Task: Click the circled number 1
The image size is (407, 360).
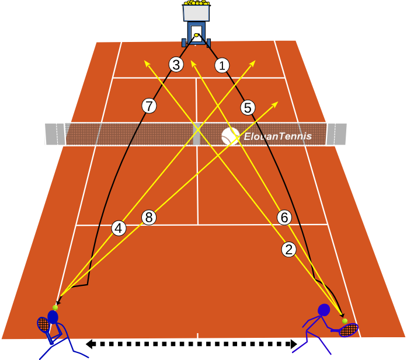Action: [222, 65]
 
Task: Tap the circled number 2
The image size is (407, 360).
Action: [288, 250]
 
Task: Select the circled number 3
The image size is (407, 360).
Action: [176, 65]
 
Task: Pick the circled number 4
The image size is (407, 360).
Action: [119, 229]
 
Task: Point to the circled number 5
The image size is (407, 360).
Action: [248, 107]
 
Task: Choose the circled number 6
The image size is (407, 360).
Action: [284, 218]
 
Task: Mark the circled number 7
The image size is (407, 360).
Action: [149, 106]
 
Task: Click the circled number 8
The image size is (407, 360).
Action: [149, 218]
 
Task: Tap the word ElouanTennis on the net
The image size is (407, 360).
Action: [278, 136]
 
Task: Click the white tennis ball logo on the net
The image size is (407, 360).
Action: [230, 136]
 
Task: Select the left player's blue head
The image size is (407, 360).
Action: [53, 317]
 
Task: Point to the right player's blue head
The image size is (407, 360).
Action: [324, 310]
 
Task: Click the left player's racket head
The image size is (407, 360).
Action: [43, 324]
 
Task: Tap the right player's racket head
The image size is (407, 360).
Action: [349, 330]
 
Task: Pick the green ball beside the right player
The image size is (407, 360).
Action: [345, 321]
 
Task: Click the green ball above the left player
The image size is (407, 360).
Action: [55, 307]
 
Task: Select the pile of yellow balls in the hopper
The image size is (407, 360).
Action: [196, 2]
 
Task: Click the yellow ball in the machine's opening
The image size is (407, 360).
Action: [196, 35]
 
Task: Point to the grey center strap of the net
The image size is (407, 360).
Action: [196, 134]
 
